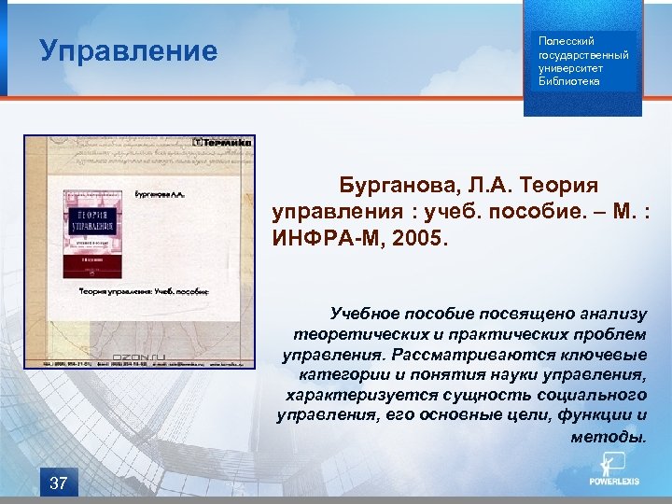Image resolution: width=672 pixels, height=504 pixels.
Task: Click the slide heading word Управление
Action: [x=128, y=50]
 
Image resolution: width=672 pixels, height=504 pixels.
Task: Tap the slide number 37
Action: [x=58, y=483]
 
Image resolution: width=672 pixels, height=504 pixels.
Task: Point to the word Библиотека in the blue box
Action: [x=569, y=81]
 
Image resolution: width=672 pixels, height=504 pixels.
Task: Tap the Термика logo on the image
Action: [x=223, y=143]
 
